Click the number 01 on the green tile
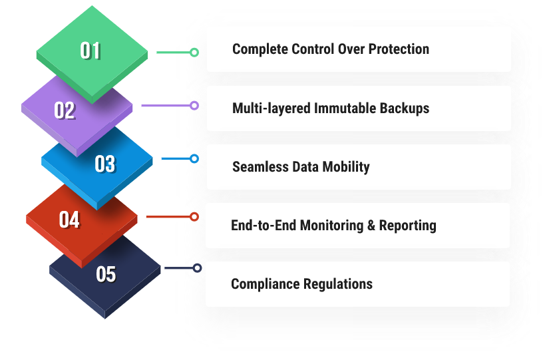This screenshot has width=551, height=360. (91, 51)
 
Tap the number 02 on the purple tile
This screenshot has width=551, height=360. (65, 110)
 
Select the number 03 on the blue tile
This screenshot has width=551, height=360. (104, 164)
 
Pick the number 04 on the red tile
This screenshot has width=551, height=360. (69, 220)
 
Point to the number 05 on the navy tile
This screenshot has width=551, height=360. (106, 273)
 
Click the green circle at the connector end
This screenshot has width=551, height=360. (194, 52)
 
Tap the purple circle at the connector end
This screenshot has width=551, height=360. (194, 105)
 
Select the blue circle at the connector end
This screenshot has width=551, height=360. (194, 158)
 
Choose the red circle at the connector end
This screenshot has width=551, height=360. (194, 216)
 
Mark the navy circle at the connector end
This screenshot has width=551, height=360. (197, 268)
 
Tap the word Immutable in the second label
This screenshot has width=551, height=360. (345, 108)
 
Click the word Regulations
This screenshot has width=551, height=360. (337, 284)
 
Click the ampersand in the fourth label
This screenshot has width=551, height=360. (371, 225)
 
